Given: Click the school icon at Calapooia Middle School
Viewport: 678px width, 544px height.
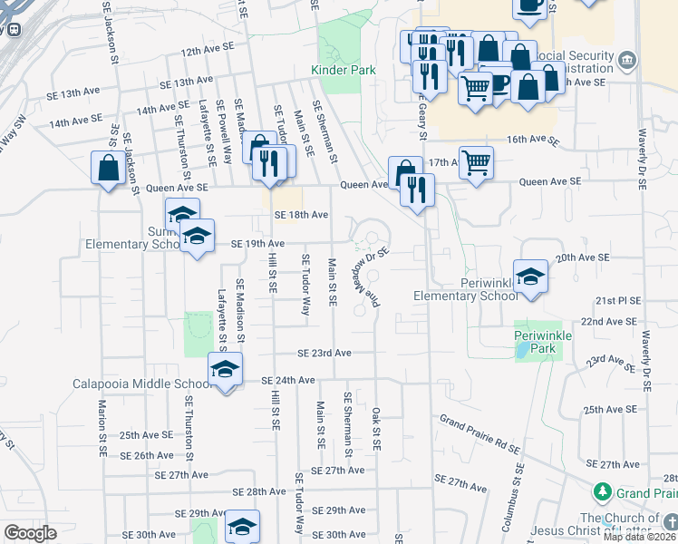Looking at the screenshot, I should point(225,369).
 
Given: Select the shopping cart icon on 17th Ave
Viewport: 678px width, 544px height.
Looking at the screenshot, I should point(476,163).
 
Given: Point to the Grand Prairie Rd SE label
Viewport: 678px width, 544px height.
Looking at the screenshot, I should point(479,434).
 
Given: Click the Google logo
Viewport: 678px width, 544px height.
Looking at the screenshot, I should point(30,533).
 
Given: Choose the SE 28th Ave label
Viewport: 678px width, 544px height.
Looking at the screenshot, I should point(259,491).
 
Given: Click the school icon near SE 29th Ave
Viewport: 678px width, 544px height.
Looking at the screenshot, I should point(242,526).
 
